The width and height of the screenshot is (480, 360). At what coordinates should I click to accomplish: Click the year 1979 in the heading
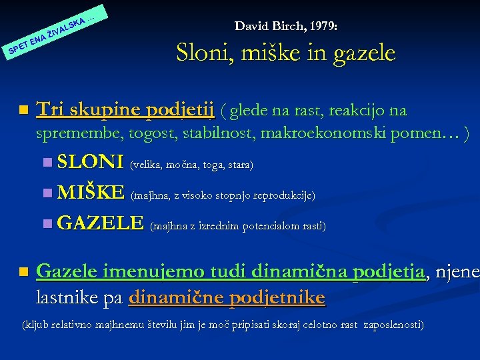coord(322,26)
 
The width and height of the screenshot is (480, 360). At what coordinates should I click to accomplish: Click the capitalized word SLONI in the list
coord(91,162)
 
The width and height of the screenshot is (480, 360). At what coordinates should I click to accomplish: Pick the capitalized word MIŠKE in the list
coord(91,193)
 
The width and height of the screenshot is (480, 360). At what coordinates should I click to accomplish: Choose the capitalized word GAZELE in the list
coord(101,223)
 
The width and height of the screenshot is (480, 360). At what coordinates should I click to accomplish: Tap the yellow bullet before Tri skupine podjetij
coord(24,109)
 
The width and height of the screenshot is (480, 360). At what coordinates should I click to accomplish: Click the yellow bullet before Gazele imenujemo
coord(24,272)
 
